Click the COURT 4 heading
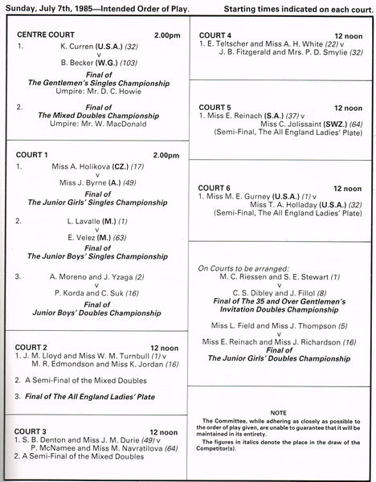(215, 35)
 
